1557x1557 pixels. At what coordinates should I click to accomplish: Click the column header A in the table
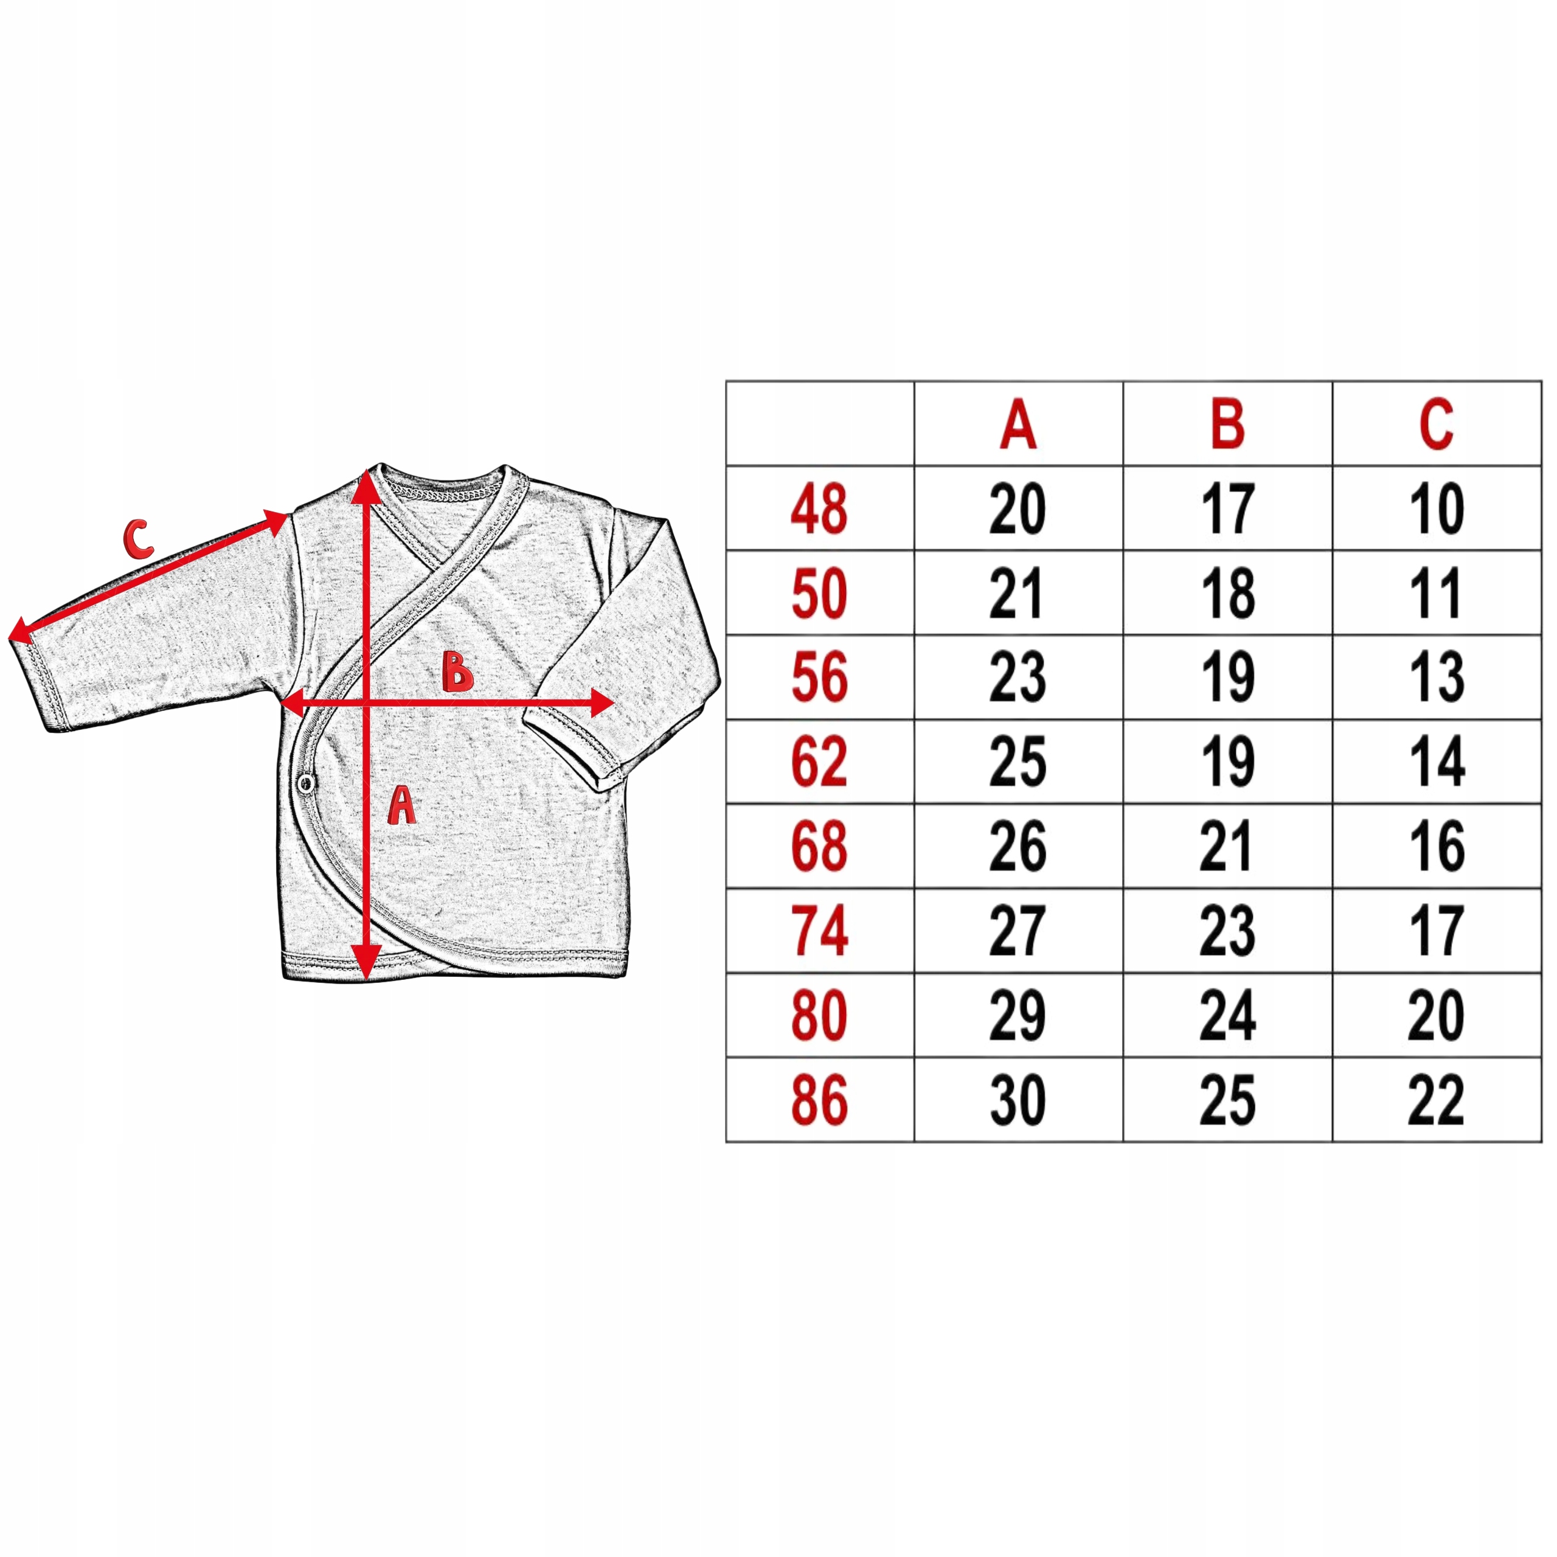(x=1018, y=425)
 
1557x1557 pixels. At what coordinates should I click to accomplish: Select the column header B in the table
(x=1227, y=425)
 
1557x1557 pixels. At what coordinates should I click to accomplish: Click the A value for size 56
(x=1018, y=678)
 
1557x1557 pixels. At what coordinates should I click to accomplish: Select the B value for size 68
(x=1227, y=846)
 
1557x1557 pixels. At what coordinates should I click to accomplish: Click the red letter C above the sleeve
(x=138, y=539)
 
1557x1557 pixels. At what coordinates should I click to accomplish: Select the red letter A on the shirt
(x=401, y=806)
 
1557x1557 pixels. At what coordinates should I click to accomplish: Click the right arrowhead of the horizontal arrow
(x=602, y=702)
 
